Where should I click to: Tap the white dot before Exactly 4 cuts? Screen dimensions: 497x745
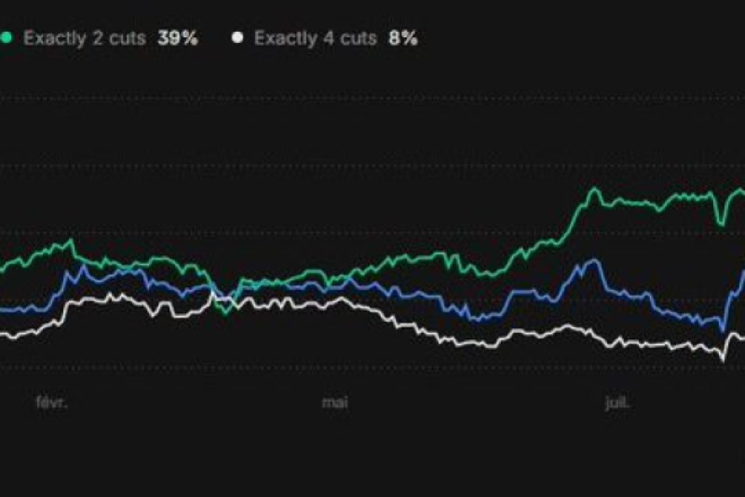237,38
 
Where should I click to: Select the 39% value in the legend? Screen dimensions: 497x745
178,39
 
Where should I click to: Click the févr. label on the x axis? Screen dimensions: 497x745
51,403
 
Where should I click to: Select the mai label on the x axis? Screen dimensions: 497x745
335,403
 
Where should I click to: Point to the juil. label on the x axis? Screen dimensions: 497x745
618,403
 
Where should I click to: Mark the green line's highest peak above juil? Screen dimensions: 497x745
594,188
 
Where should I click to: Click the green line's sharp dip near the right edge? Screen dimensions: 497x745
721,224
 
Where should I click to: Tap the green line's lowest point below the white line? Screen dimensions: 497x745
227,313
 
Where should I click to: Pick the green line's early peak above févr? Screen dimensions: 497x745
71,240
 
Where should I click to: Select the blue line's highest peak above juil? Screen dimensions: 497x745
594,260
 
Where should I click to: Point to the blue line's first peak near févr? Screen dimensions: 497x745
82,266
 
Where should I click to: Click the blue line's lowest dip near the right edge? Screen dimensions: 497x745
722,331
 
